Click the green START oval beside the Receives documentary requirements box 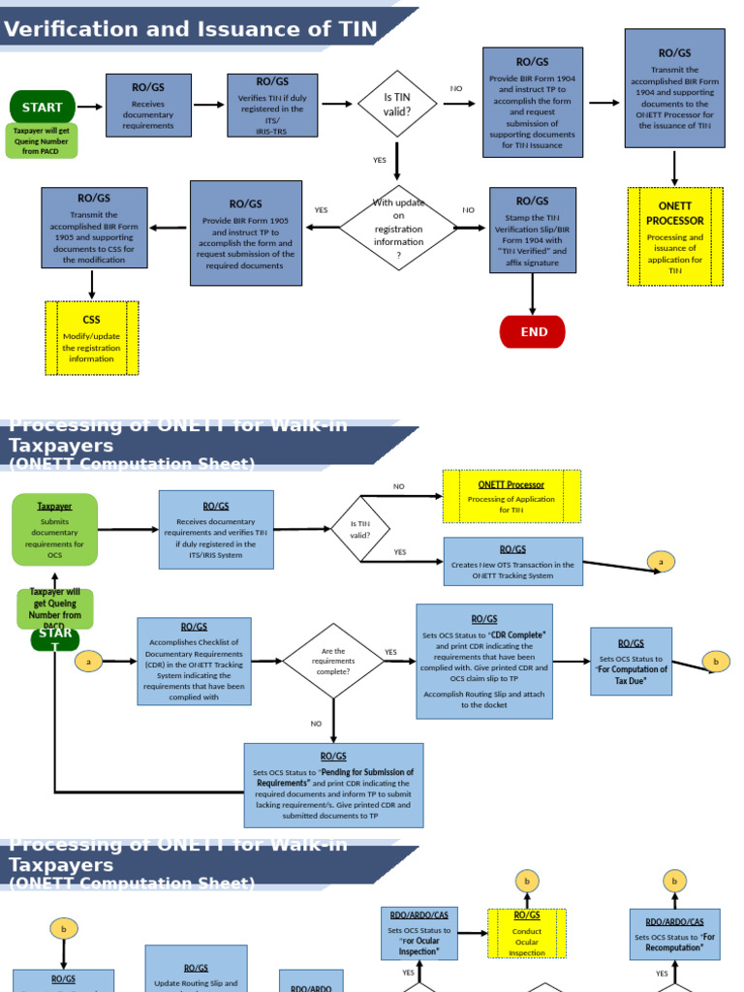pos(42,107)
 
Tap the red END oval pos(532,331)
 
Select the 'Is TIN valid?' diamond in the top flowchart pos(397,104)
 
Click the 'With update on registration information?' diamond pos(398,229)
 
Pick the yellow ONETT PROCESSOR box pos(674,236)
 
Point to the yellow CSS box pos(91,338)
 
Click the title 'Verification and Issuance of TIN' pos(191,29)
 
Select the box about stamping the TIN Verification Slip pos(532,230)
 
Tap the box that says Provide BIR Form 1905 pos(245,232)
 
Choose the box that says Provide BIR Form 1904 pos(532,102)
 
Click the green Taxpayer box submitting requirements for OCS pos(54,529)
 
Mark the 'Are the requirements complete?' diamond pos(333,662)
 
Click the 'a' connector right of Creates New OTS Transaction pos(661,562)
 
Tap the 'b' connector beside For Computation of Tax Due pos(716,662)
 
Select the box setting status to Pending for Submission pos(333,785)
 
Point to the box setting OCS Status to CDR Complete pos(483,661)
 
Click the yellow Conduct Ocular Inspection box pos(527,933)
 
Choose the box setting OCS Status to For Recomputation pos(674,934)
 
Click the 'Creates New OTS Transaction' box pos(512,562)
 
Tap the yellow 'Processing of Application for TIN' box pos(511,496)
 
